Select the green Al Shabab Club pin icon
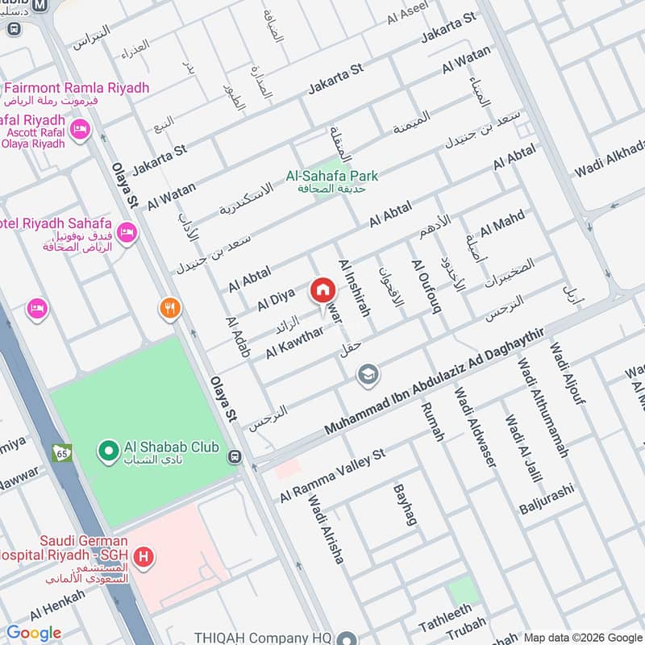click(106, 451)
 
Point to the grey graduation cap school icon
click(368, 375)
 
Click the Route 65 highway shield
click(61, 454)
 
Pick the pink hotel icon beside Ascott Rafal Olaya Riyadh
click(79, 129)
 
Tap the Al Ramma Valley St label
click(332, 476)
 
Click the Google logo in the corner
click(33, 633)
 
